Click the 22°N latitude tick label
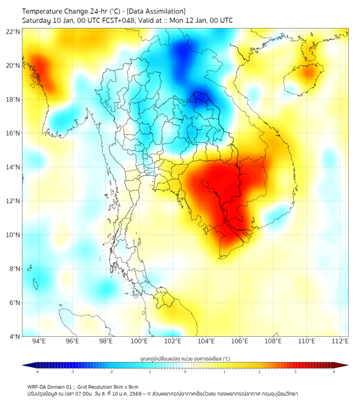point(13,31)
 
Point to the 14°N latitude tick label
point(13,167)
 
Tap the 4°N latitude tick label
point(14,336)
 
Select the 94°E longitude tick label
point(39,341)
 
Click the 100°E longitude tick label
point(139,341)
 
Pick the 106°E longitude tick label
point(240,341)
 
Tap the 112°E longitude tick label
point(340,341)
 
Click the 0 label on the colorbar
point(185,372)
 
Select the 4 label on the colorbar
point(334,372)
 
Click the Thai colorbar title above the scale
point(185,359)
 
